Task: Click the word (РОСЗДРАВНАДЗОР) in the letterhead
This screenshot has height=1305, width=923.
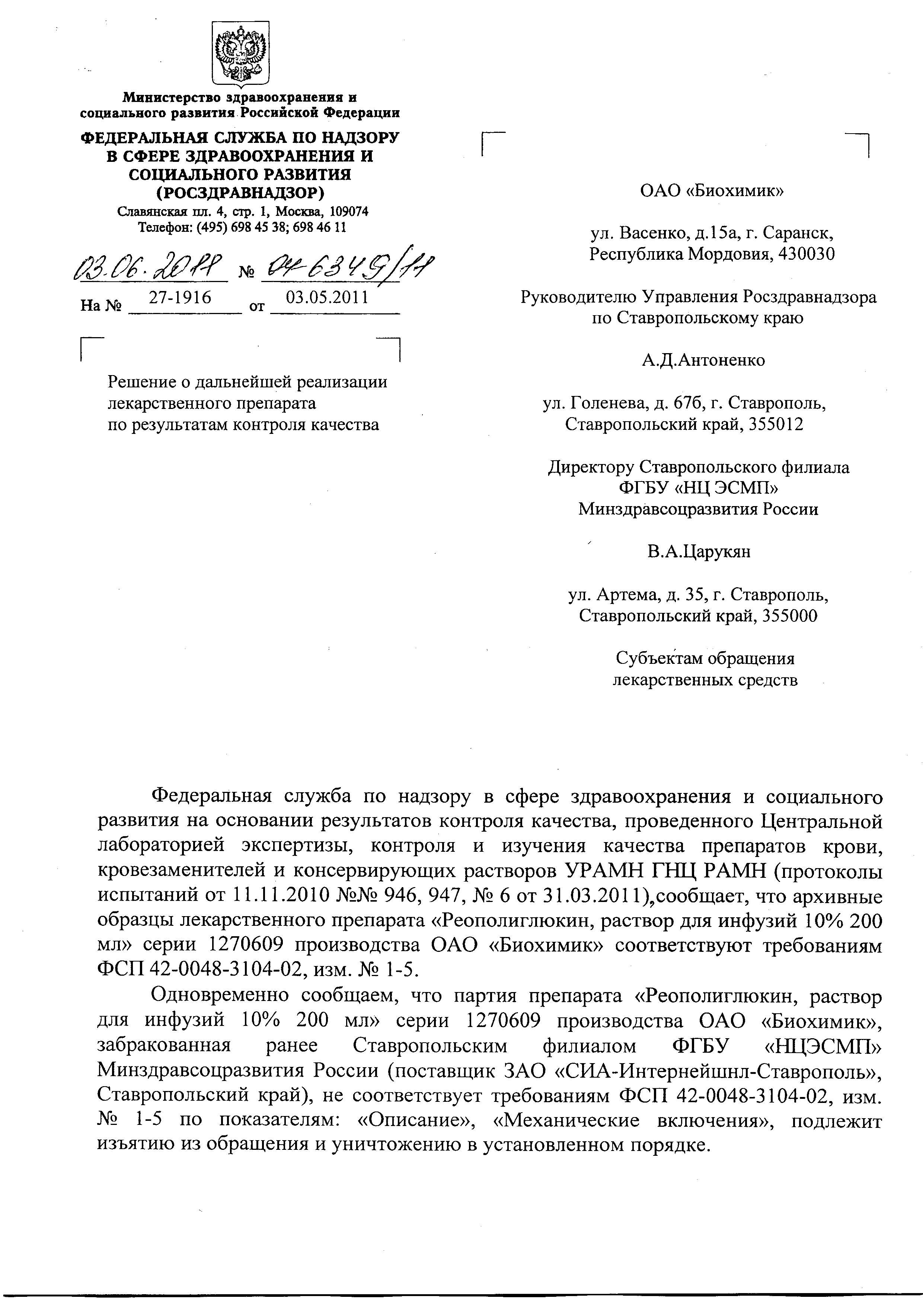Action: click(x=240, y=193)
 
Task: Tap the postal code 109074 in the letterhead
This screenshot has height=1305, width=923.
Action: click(x=349, y=212)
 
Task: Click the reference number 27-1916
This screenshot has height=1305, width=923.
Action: click(x=180, y=297)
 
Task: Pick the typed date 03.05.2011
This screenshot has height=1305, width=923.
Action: click(x=327, y=297)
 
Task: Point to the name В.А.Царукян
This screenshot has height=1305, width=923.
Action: click(x=699, y=552)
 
